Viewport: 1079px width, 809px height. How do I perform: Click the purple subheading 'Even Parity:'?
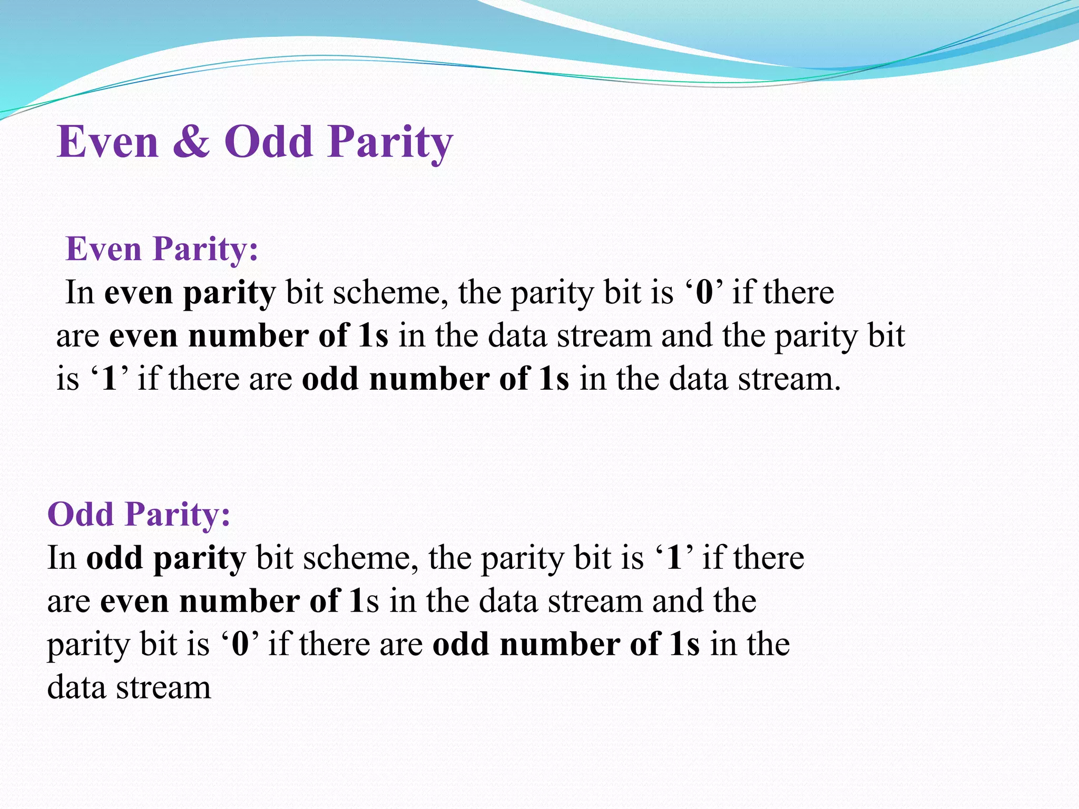tap(162, 249)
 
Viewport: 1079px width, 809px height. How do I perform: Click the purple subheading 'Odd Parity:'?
tap(139, 514)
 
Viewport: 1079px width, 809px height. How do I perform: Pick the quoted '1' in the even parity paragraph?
tap(109, 379)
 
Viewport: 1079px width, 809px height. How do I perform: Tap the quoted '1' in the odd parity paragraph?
tap(675, 558)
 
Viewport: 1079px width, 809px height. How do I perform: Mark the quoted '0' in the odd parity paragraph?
tap(240, 644)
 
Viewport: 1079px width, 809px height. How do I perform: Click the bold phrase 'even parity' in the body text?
tap(190, 293)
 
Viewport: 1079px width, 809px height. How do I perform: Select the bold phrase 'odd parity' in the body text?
tap(166, 558)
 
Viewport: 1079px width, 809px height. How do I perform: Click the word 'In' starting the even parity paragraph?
tap(80, 293)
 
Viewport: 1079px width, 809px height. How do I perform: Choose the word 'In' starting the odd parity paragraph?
tap(62, 558)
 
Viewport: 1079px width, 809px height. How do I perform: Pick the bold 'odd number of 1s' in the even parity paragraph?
tap(435, 379)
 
